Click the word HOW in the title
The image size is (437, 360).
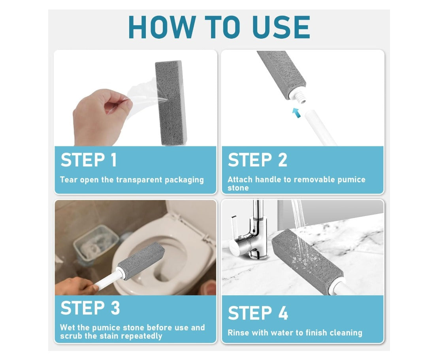pos(162,27)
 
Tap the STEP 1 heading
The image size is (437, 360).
pos(89,160)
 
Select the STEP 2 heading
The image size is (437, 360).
pos(258,160)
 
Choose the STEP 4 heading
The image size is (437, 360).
pos(258,313)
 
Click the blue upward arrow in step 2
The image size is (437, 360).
pos(296,112)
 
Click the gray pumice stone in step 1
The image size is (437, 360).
pos(170,103)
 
